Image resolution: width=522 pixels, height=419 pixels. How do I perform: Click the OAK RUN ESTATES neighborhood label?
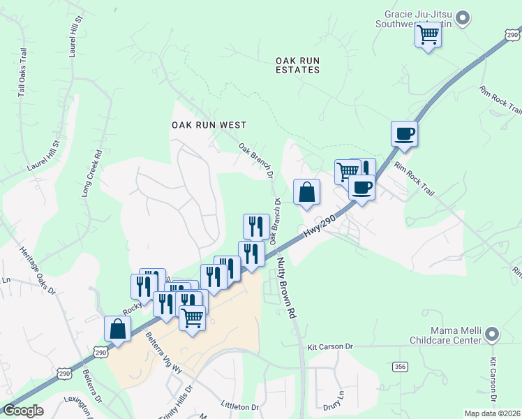tap(298, 65)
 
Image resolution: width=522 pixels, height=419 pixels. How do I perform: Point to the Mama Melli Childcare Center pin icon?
tap(492, 335)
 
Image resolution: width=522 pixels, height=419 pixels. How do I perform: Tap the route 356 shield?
tap(400, 367)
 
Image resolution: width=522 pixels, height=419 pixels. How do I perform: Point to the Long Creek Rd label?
tap(91, 172)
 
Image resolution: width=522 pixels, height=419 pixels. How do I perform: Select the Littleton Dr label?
tap(239, 406)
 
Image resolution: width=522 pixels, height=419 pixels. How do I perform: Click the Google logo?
tap(23, 411)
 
